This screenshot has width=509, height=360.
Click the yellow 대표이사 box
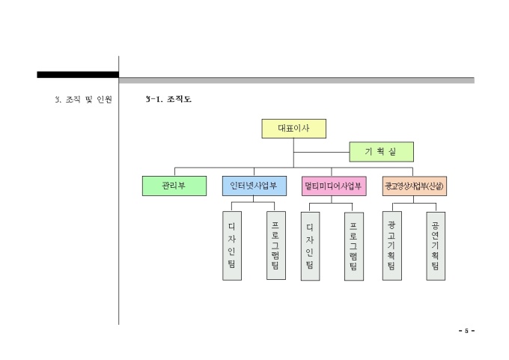pyautogui.click(x=294, y=129)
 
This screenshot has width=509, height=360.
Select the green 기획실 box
pyautogui.click(x=381, y=152)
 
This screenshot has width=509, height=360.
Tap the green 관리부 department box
pyautogui.click(x=174, y=186)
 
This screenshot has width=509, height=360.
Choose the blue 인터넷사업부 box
pyautogui.click(x=254, y=186)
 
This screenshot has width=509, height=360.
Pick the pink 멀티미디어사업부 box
pyautogui.click(x=334, y=186)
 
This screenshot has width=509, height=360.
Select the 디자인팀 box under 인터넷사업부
pyautogui.click(x=232, y=246)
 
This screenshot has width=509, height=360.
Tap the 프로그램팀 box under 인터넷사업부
pyautogui.click(x=275, y=246)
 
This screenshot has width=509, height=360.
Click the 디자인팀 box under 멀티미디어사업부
pyautogui.click(x=310, y=246)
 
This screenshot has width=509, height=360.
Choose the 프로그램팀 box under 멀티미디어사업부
pyautogui.click(x=354, y=246)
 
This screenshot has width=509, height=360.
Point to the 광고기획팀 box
pyautogui.click(x=391, y=246)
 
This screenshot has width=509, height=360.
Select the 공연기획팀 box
pyautogui.click(x=436, y=246)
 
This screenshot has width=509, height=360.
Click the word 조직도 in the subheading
pyautogui.click(x=179, y=99)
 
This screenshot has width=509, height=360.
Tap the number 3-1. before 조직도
pyautogui.click(x=154, y=99)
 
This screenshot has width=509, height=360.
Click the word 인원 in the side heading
pyautogui.click(x=104, y=99)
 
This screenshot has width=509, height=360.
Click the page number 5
pyautogui.click(x=466, y=331)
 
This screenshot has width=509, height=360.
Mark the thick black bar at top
pyautogui.click(x=78, y=75)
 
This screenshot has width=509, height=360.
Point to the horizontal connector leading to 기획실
pyautogui.click(x=321, y=152)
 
